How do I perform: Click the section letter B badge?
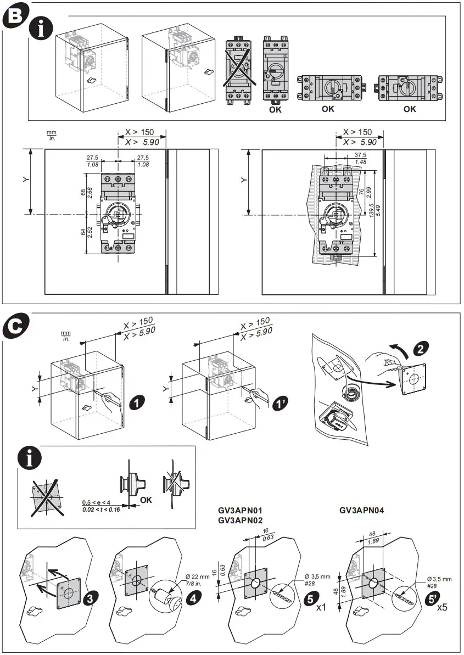14,15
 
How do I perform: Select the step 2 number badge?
421,348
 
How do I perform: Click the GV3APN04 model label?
361,510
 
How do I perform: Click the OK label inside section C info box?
147,500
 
